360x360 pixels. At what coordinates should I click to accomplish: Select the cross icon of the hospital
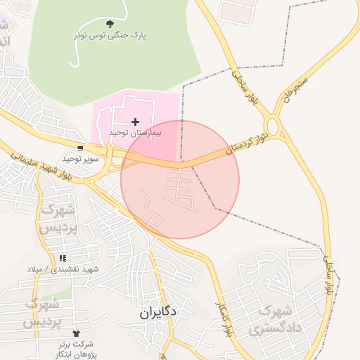(136, 122)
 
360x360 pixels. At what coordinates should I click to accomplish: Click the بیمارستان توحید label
(136, 132)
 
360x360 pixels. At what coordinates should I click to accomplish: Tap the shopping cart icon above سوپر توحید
(80, 148)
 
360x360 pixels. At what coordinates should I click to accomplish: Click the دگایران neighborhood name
(157, 311)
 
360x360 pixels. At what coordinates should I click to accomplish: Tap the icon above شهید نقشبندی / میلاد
(63, 259)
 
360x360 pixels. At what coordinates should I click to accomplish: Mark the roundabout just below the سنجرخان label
(274, 127)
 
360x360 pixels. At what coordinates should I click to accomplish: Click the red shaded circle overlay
(180, 180)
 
